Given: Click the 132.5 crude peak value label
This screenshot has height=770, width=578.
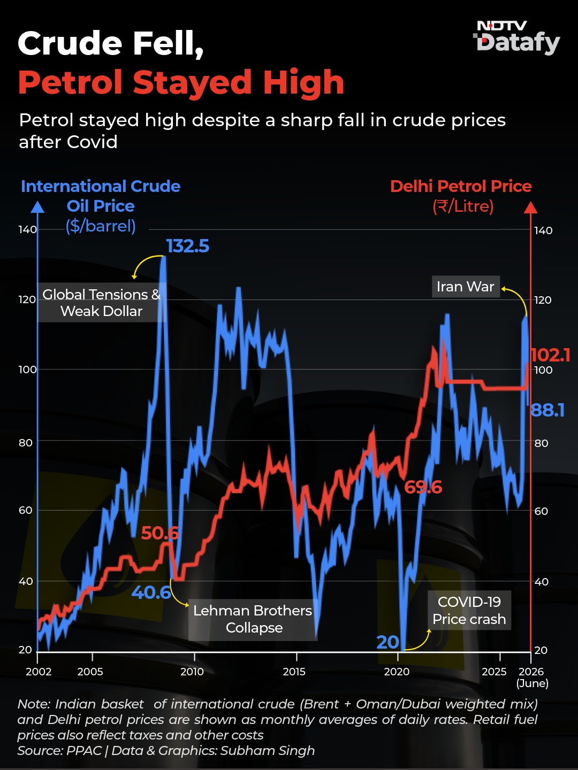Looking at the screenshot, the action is pos(187,246).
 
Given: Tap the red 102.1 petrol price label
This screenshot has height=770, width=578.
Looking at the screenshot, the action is pos(550,355).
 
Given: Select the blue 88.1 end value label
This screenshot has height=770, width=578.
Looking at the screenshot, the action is pos(547,410).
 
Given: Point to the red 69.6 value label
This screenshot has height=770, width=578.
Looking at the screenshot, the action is pos(423,487).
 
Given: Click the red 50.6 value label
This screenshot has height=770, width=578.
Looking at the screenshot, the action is pos(160,533).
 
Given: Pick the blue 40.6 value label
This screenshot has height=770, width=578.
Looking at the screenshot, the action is pos(151,592).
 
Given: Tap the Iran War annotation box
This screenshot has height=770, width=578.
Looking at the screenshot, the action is pos(466,287).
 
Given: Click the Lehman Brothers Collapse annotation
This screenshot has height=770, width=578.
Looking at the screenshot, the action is pos(253,619).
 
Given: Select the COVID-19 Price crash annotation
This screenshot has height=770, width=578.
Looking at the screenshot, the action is pos(469,611).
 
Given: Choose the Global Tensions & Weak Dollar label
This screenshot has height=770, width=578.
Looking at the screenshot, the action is pos(102,303).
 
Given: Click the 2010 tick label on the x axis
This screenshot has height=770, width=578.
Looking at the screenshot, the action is pos(192,672).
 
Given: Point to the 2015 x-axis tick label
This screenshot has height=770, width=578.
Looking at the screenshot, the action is pos(294,672).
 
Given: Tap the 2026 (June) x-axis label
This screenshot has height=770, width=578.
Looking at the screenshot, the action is pos(531,677).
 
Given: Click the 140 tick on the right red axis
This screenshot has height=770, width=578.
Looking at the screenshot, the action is pos(543,230).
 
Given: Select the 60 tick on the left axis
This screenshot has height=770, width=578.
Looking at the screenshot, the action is pos(26,510).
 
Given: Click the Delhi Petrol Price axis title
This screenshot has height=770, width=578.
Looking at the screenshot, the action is pos(461,196).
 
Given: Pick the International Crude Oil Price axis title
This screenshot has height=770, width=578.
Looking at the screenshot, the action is pos(101,206).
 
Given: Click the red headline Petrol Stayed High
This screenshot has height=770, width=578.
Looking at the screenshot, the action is pos(181,82).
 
